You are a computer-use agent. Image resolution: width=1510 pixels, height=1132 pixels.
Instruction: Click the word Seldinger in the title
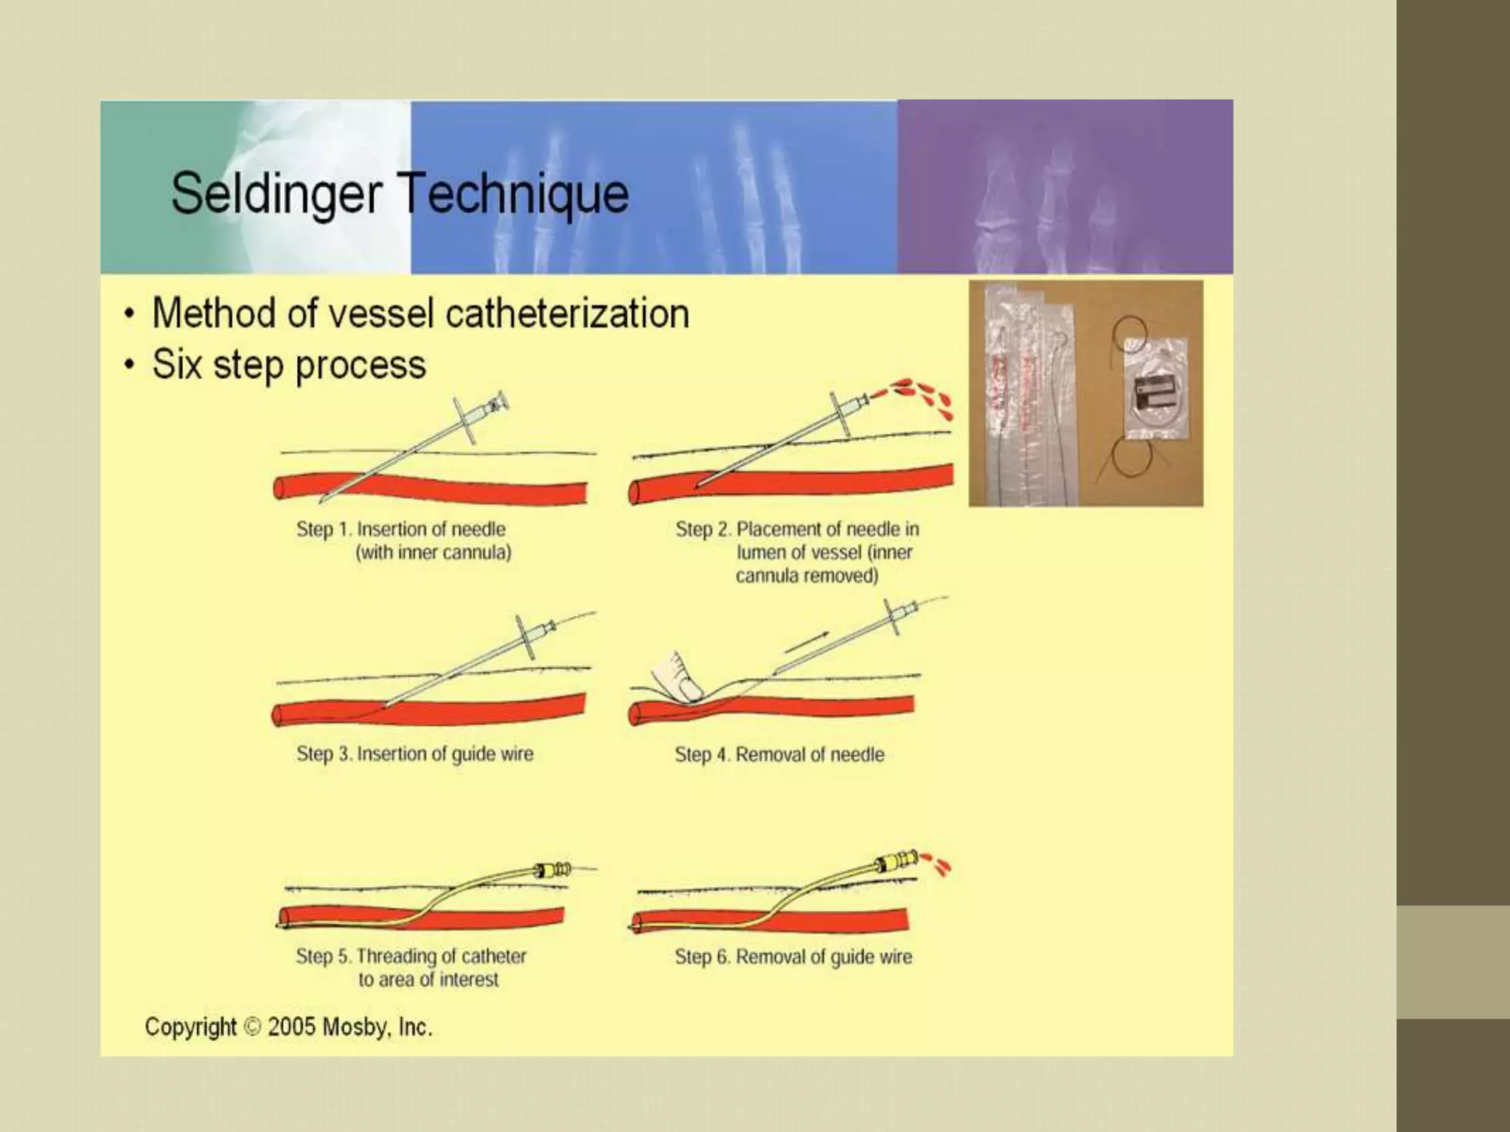coord(276,193)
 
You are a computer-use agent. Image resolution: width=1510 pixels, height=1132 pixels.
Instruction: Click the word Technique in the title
coord(513,193)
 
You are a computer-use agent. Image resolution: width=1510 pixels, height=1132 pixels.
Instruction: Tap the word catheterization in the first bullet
coord(567,313)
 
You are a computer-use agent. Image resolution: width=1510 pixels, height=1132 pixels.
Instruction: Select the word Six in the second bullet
coord(176,365)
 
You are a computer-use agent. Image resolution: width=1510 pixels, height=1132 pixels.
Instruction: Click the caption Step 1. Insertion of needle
coord(400,529)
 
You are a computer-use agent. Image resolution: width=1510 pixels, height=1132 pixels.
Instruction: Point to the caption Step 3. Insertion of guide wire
coord(414,754)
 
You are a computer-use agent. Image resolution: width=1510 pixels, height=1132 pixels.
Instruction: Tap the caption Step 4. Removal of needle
coord(779,755)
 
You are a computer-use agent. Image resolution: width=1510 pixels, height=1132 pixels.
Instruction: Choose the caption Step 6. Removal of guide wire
coord(793,957)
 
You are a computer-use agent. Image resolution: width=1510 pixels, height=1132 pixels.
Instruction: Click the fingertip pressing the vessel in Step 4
coord(689,688)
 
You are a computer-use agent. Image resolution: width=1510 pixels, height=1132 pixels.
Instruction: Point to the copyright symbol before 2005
coord(252,1027)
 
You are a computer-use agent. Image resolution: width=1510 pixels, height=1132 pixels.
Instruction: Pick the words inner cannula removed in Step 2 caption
coord(824,565)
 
